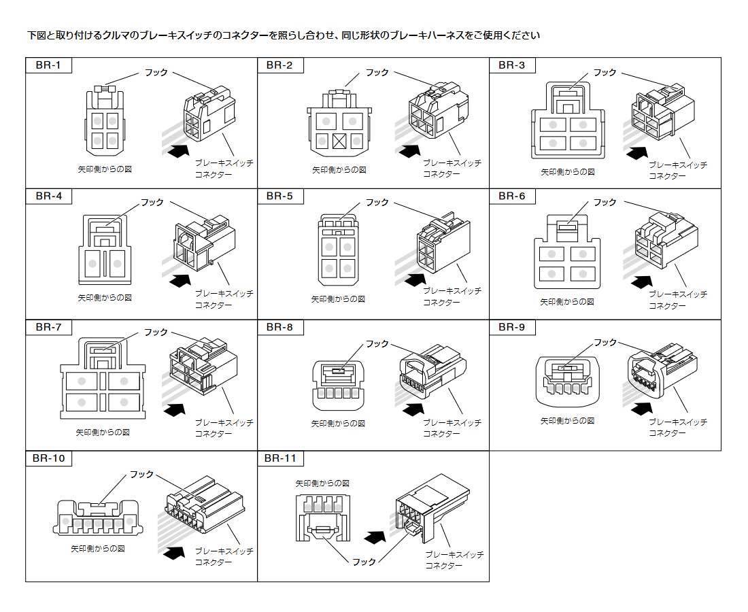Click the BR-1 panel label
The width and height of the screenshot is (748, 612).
click(48, 66)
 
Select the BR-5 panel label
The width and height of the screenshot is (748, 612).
click(279, 197)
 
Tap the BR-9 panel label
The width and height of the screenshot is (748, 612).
click(511, 327)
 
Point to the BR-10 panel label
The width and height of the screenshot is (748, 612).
click(48, 458)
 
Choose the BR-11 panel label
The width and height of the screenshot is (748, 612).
click(280, 458)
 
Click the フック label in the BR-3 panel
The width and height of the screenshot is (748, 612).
click(605, 72)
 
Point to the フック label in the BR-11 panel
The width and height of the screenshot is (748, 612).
click(364, 562)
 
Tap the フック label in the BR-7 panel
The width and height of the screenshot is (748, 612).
click(155, 333)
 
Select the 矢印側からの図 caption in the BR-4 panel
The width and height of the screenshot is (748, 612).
click(104, 298)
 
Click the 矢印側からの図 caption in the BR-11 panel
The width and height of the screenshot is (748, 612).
click(322, 483)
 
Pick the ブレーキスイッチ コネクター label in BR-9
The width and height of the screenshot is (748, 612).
click(677, 427)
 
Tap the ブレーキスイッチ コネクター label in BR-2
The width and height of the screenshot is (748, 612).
click(452, 169)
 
